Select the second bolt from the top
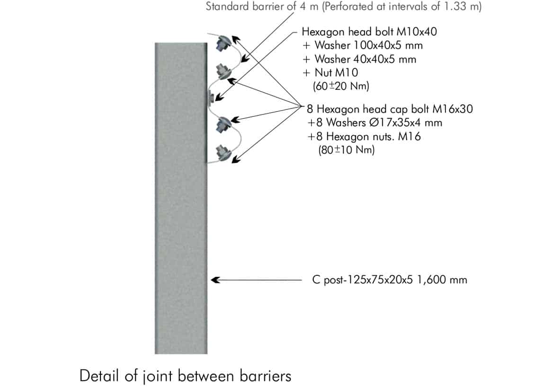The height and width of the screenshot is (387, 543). click(221, 71)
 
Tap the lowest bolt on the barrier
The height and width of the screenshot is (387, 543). click(221, 153)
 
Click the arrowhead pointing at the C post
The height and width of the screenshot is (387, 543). click(214, 280)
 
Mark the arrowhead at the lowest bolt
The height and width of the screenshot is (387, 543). click(234, 159)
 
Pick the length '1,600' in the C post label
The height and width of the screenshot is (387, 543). click(429, 280)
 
